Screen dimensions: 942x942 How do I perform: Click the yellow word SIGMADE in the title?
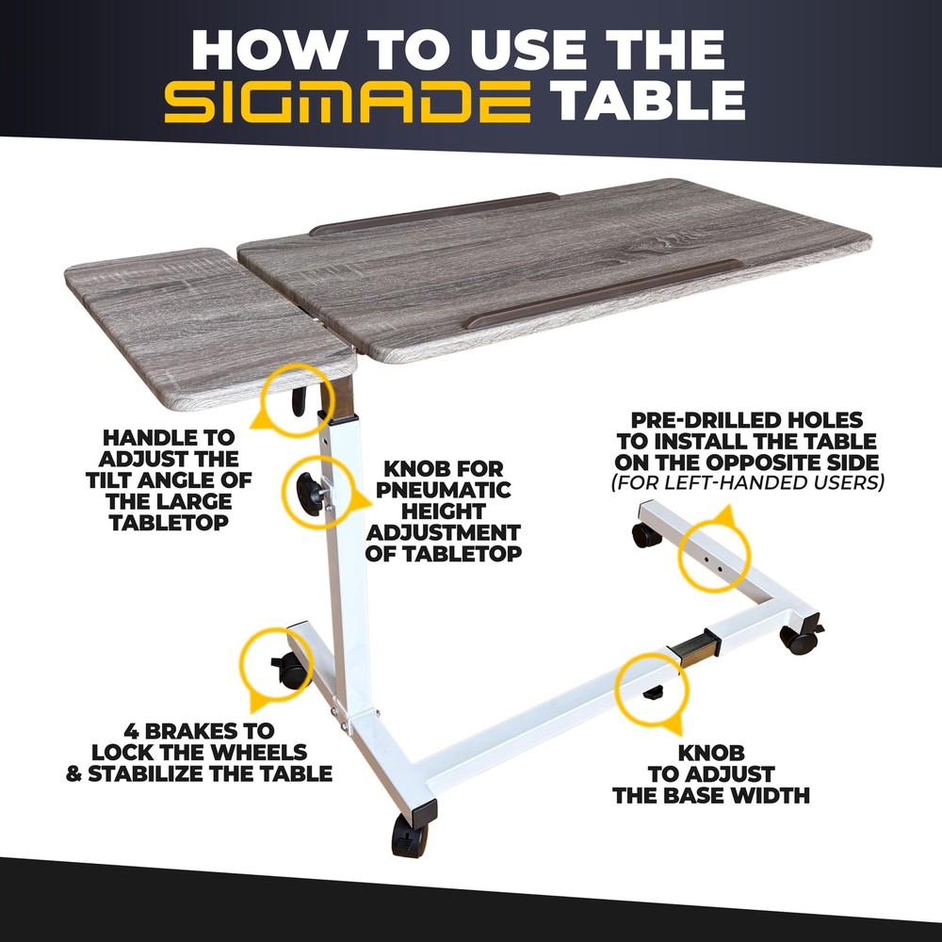click(x=348, y=102)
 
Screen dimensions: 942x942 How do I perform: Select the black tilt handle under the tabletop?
click(x=299, y=400)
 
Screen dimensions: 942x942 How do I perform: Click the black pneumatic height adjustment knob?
click(x=309, y=494)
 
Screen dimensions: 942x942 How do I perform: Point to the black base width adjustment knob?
click(x=653, y=693)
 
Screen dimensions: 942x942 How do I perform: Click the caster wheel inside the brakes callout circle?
click(x=291, y=670)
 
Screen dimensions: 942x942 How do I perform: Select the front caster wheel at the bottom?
click(x=410, y=835)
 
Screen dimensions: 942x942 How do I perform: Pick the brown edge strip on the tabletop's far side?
click(x=433, y=213)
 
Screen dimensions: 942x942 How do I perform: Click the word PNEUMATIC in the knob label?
click(x=444, y=490)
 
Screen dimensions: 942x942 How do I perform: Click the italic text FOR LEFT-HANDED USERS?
click(x=747, y=482)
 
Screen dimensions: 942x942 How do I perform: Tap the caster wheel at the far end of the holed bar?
click(x=644, y=535)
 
